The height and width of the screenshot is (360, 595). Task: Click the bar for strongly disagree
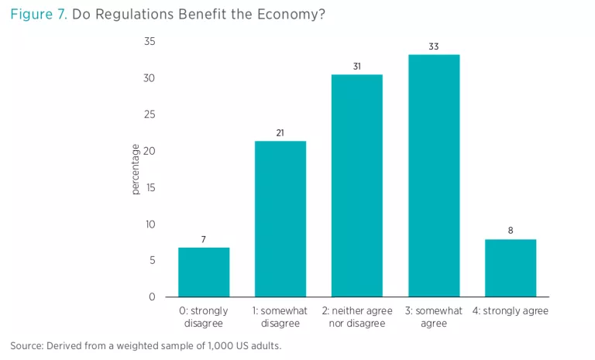point(204,272)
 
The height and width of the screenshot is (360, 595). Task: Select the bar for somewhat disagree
point(280,218)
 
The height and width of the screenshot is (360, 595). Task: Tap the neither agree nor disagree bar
point(357,186)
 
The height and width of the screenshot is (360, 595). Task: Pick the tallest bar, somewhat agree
point(434,176)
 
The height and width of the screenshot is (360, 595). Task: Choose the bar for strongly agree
point(511,268)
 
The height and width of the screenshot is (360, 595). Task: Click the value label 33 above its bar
point(434,47)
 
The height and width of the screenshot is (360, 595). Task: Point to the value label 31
point(357,67)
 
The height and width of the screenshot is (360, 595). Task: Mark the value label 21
point(280,133)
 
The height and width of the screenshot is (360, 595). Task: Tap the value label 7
point(204,240)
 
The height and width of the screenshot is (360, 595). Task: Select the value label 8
point(511,231)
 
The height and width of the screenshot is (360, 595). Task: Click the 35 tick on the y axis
point(150,42)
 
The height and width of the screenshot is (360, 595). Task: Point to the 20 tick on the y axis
point(150,151)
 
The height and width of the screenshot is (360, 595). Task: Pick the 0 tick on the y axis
point(152,297)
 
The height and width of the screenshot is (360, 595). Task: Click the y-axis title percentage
point(136,170)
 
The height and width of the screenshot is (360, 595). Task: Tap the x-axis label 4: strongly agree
point(511,311)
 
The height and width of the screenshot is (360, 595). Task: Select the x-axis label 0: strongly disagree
point(204,317)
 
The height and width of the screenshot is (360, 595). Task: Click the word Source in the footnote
point(26,345)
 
